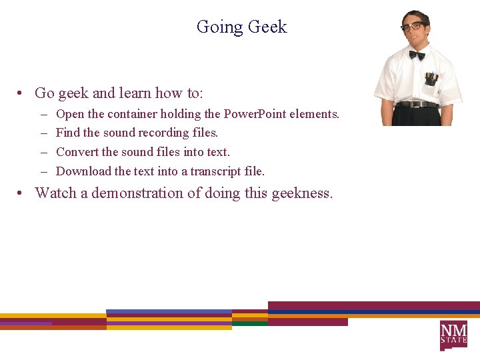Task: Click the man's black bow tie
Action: pos(417,55)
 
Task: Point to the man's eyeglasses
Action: pos(413,27)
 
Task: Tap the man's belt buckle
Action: pos(417,104)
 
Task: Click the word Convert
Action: pos(77,152)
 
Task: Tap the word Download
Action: pos(83,171)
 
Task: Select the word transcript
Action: pos(216,171)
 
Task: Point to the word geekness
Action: pos(301,194)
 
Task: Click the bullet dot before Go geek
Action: pos(22,93)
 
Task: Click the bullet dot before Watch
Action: pos(22,194)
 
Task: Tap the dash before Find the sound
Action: pos(43,133)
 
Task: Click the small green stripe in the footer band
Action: pos(250,323)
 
